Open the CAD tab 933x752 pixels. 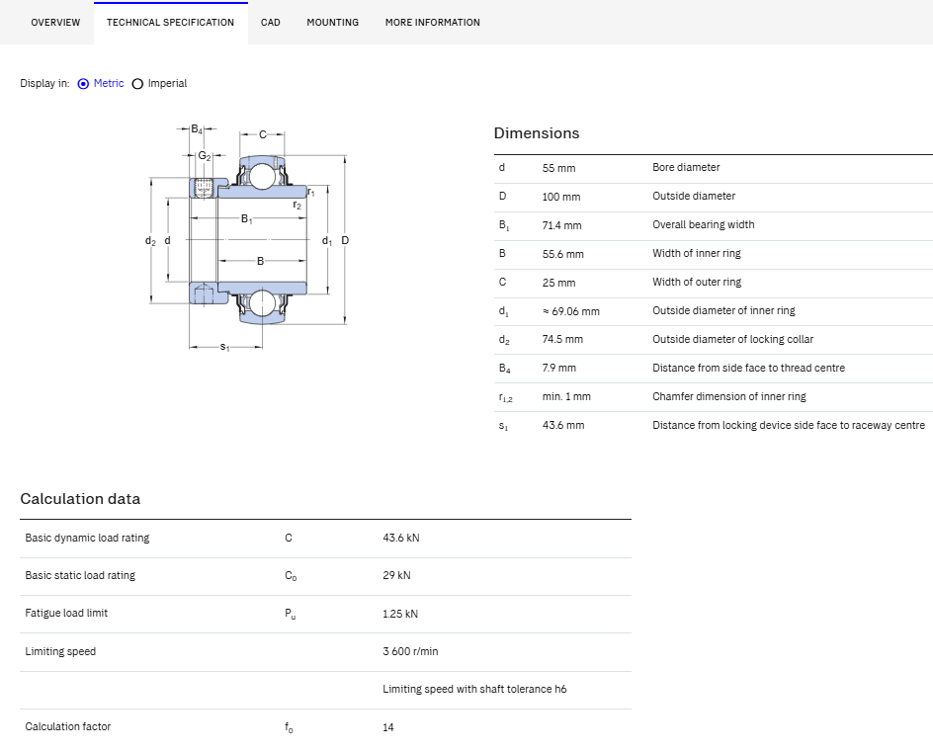coord(270,23)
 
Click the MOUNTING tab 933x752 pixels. coord(333,23)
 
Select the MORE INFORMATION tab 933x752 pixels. coord(433,23)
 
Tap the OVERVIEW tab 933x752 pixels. coord(55,23)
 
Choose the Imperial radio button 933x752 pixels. coord(137,84)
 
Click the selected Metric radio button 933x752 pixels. coord(83,84)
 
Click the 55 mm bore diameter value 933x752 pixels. coord(558,168)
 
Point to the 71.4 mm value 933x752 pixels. coord(561,225)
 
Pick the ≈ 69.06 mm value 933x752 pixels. coord(570,311)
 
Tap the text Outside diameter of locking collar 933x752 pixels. coord(732,339)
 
